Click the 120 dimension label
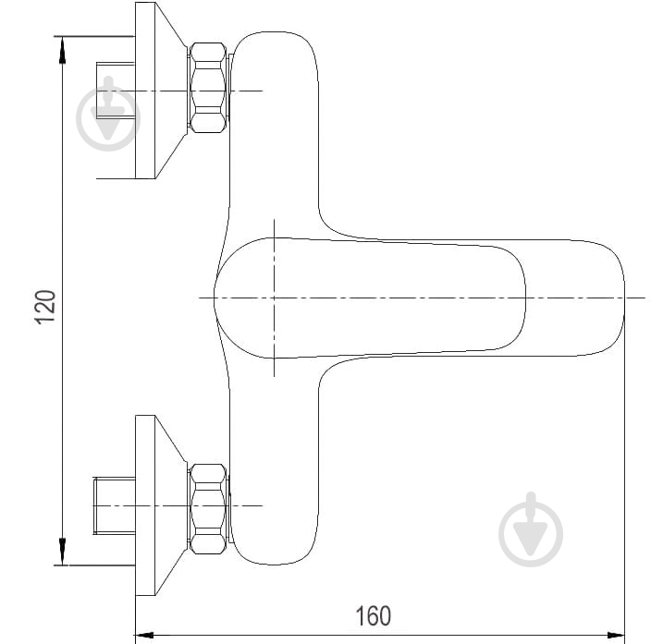point(45,307)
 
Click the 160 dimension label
point(374,615)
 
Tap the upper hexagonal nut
point(208,88)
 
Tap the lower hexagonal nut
point(208,509)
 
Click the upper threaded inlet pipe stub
point(116,91)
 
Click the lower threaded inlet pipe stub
point(115,505)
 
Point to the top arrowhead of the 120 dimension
point(62,50)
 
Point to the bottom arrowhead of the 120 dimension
point(62,552)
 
